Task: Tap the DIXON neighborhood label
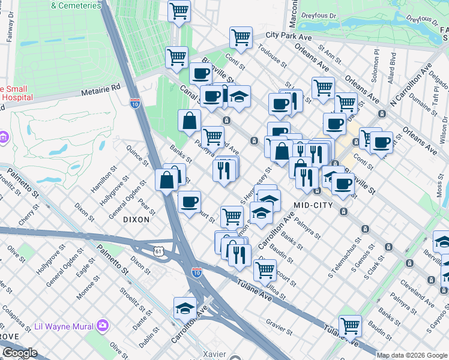click(x=136, y=220)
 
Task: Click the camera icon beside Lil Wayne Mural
click(x=103, y=326)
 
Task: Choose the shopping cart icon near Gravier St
click(x=350, y=326)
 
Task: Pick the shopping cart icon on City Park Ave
click(x=241, y=37)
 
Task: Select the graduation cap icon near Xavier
click(x=185, y=308)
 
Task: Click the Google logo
click(x=19, y=353)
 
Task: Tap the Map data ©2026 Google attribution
click(x=412, y=355)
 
